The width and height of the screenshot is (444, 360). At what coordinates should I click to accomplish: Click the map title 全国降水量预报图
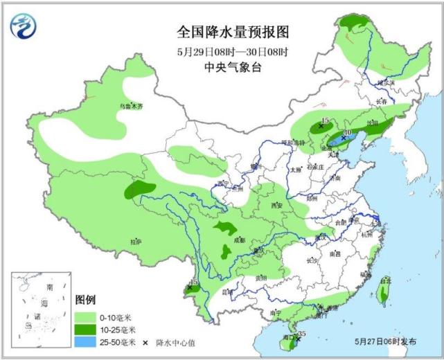(x=232, y=32)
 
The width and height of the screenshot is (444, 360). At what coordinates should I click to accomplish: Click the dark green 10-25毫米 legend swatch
(x=87, y=329)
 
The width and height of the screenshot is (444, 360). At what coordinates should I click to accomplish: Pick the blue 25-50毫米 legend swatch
(x=87, y=341)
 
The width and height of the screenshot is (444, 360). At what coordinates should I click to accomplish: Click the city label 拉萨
(x=135, y=241)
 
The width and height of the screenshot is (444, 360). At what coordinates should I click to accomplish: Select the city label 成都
(x=240, y=240)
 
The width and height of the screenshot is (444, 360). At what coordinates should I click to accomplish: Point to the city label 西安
(x=278, y=206)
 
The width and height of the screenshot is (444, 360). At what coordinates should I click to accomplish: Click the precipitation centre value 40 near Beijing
(x=348, y=132)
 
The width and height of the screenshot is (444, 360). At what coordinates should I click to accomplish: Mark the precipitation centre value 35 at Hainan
(x=301, y=334)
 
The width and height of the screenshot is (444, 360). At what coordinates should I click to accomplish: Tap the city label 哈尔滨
(x=386, y=82)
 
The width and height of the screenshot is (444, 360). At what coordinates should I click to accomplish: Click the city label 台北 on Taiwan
(x=385, y=281)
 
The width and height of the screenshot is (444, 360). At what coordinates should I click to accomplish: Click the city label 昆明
(x=227, y=291)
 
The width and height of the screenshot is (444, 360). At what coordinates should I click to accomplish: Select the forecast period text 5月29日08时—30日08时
(x=232, y=51)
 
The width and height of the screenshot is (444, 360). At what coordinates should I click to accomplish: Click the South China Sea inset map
(x=40, y=305)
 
